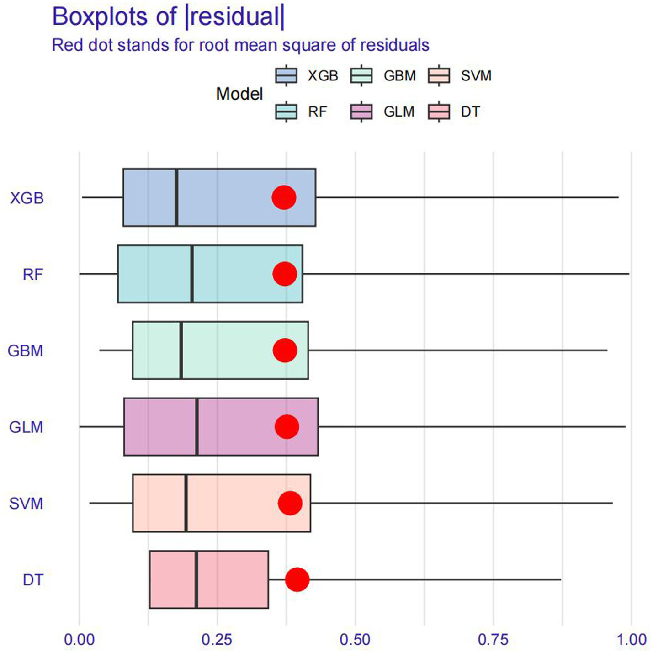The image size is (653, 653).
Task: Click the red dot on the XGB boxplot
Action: point(284,197)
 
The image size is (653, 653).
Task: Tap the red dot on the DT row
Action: point(297,579)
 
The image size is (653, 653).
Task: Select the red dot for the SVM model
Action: point(290,503)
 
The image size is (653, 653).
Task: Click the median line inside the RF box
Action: point(192,274)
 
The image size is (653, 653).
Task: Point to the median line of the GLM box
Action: point(197,427)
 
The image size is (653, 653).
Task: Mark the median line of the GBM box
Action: point(181,350)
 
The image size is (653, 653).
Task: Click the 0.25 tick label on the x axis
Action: point(217,640)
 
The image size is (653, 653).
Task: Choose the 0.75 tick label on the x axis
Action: point(493,640)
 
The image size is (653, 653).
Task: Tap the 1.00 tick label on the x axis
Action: point(632,640)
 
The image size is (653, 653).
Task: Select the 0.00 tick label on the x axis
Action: point(79,640)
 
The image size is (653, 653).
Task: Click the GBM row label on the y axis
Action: point(26,351)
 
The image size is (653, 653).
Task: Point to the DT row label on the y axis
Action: point(33,580)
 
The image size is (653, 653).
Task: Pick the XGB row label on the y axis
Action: point(27,198)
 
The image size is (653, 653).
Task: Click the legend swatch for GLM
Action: point(361,111)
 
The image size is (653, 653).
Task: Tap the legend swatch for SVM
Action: point(439,75)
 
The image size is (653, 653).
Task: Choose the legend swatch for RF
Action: point(287,111)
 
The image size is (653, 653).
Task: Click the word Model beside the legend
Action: point(239,94)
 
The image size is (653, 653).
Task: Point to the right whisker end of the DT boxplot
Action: point(560,579)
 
